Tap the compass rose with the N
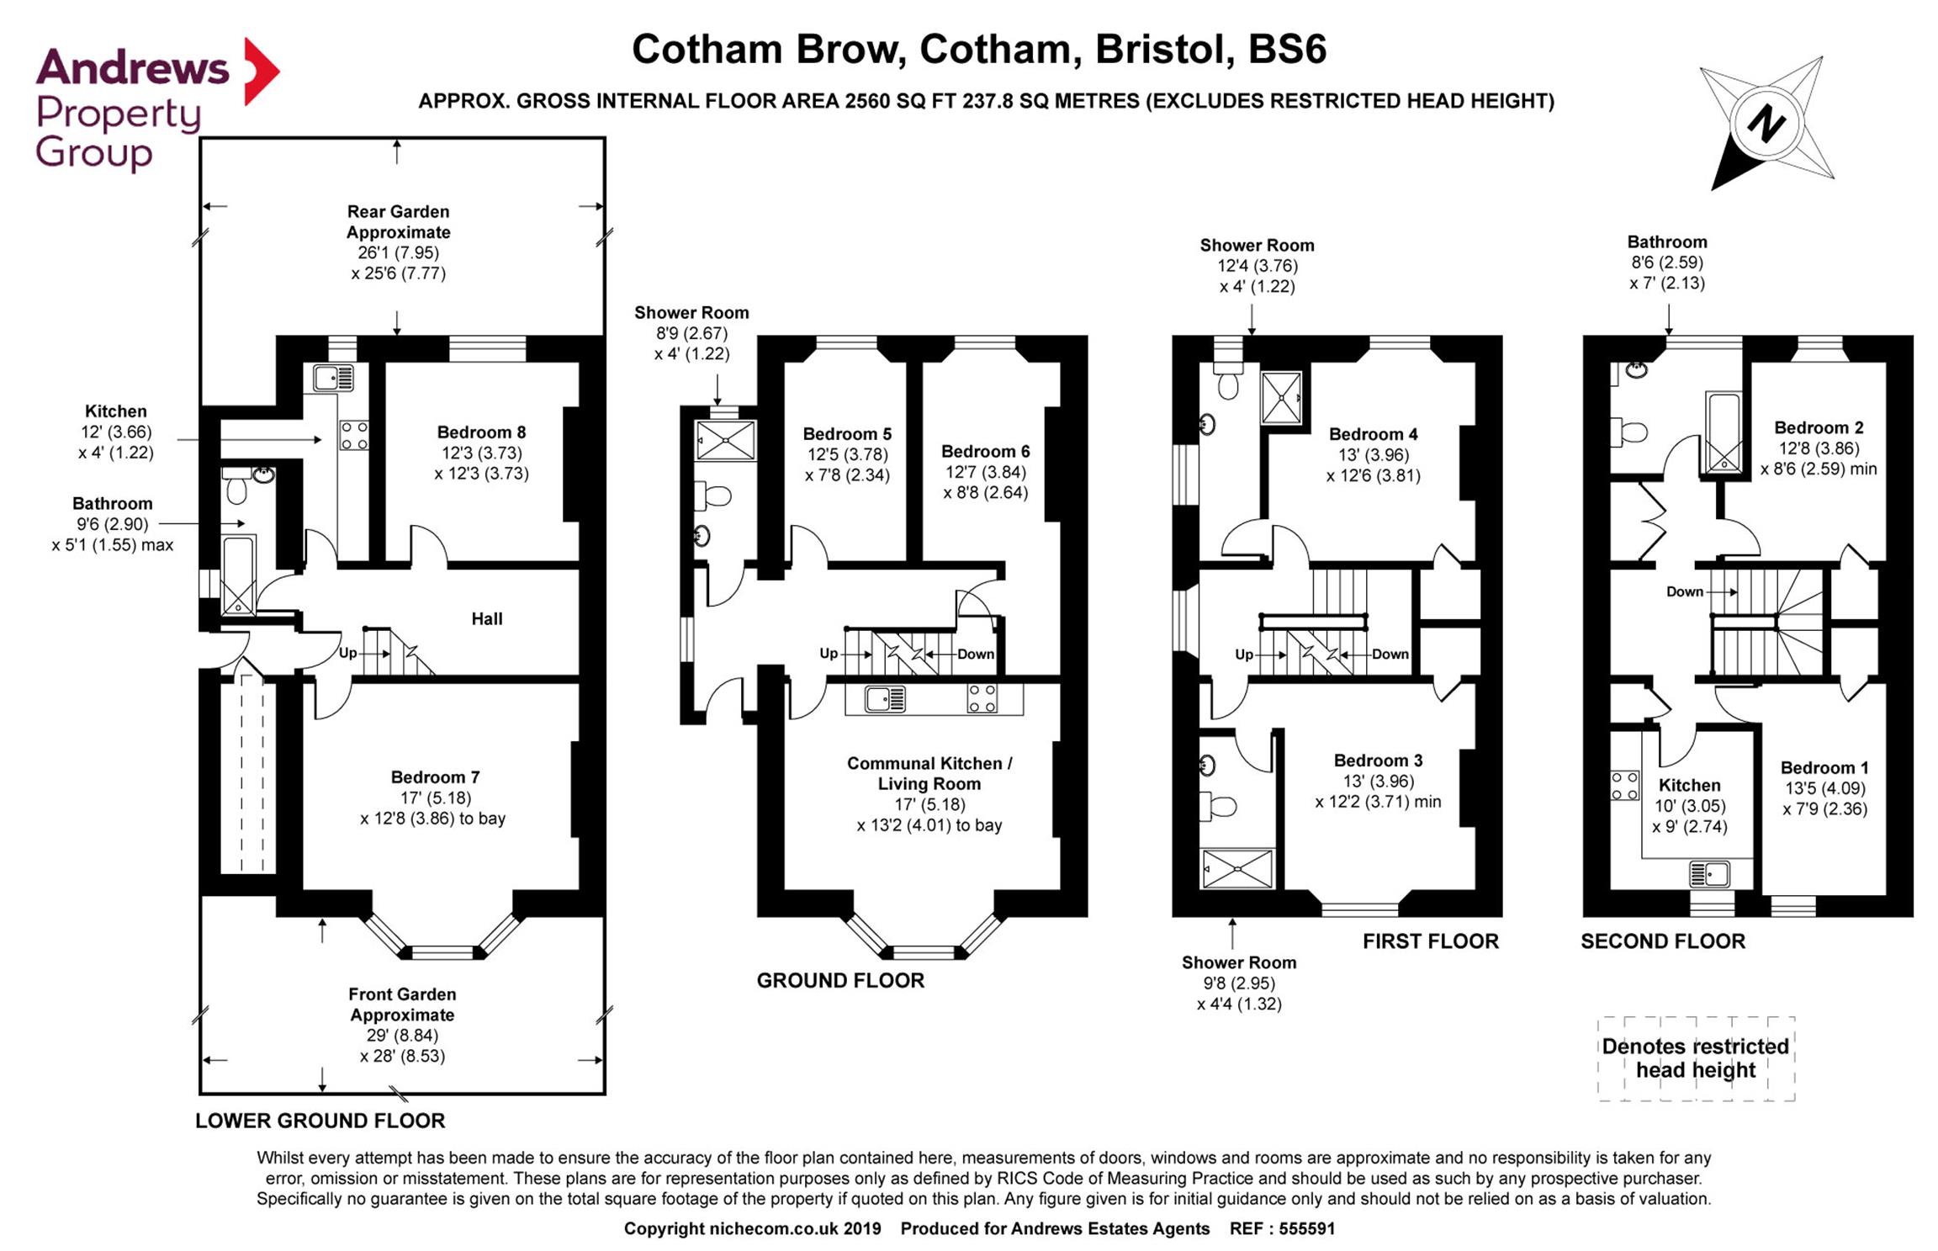tap(1766, 124)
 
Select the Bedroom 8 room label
tap(481, 432)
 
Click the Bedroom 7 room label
tap(435, 777)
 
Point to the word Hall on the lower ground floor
tap(487, 619)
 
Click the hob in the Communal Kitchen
tap(982, 698)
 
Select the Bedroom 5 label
tap(847, 434)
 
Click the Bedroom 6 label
tap(986, 452)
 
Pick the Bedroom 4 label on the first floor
tap(1374, 434)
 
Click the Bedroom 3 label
tap(1379, 761)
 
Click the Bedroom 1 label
tap(1824, 768)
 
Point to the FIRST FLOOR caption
tap(1431, 941)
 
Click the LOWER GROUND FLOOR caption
tap(320, 1121)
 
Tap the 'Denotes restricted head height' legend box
tap(1696, 1058)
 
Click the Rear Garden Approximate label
tap(399, 222)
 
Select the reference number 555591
tap(1307, 1229)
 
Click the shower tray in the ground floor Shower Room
tap(726, 440)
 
